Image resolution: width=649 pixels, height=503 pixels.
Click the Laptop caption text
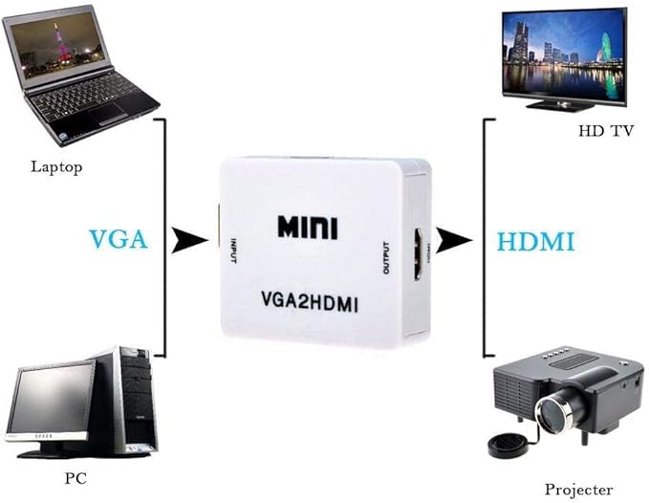56,167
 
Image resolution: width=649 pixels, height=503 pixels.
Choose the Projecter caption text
578,489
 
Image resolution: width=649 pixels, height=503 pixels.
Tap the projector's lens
552,411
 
